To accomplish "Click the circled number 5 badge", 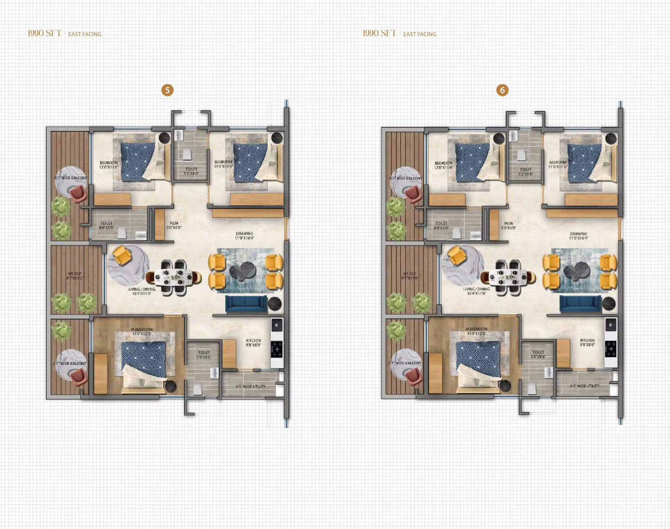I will pos(167,90).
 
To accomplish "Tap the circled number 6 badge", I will pos(502,90).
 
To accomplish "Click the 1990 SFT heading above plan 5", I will pos(44,33).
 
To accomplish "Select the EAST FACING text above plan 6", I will pos(420,34).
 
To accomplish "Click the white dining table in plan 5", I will pos(174,277).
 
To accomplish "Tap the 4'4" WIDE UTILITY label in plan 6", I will pos(584,386).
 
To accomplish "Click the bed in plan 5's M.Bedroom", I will pos(144,362).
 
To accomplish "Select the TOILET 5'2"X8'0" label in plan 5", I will pos(191,171).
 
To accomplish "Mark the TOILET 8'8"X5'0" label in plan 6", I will pos(441,225).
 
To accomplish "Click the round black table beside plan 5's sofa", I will pos(275,304).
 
